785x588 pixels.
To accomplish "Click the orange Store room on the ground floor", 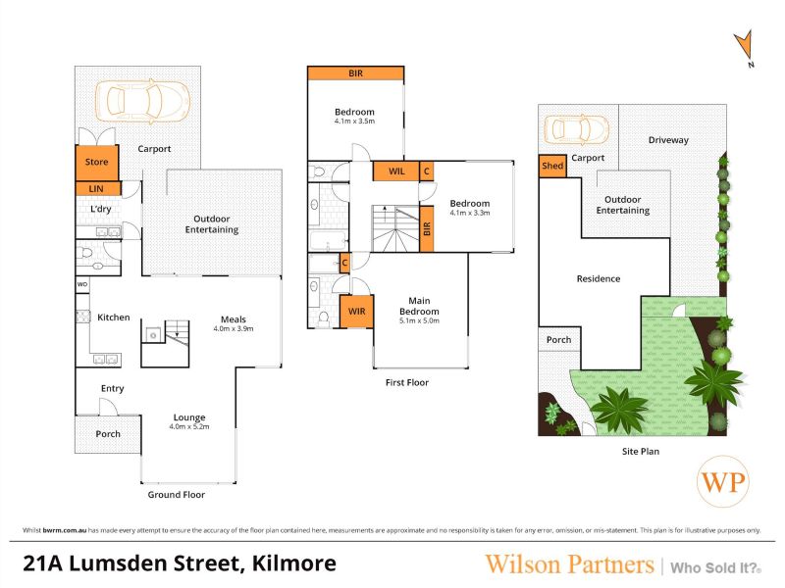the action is [x=96, y=163].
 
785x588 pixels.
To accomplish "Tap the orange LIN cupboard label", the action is [x=97, y=188].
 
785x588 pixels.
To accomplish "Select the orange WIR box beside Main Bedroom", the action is [x=356, y=312].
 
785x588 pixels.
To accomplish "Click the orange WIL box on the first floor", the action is [x=396, y=171].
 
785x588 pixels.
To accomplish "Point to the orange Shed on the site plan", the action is [x=552, y=166].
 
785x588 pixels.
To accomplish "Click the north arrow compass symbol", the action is [x=745, y=47].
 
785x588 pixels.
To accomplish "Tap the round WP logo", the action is [x=723, y=481].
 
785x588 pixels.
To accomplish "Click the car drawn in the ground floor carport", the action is [x=142, y=101].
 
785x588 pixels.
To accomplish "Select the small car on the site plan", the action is [x=576, y=129].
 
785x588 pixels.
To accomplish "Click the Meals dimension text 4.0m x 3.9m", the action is [x=234, y=329].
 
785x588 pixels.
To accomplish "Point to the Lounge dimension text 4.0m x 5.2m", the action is [x=189, y=427].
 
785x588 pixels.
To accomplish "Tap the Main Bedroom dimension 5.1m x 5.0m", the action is [x=419, y=320].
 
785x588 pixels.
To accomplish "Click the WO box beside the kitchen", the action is [x=82, y=284].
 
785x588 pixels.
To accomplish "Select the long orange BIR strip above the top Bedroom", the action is [x=355, y=73].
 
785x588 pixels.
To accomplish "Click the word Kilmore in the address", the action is [x=293, y=563].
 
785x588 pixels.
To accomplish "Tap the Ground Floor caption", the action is [x=177, y=495].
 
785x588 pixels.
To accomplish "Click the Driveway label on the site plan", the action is [x=668, y=140].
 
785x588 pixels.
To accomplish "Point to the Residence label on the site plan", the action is [x=599, y=278].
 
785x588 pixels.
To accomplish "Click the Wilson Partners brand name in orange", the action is [x=570, y=564].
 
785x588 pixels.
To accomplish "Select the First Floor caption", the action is [x=407, y=382].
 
